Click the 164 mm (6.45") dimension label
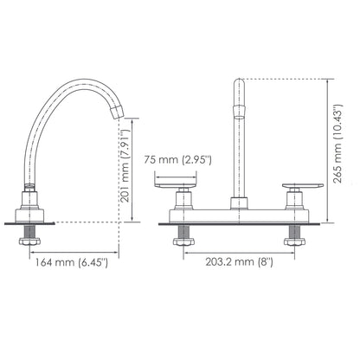tap(70, 262)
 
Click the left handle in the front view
tap(178, 183)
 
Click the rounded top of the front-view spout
tap(240, 83)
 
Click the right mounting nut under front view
tap(294, 241)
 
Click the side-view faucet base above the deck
tap(31, 208)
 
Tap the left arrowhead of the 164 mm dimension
tap(31, 251)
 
